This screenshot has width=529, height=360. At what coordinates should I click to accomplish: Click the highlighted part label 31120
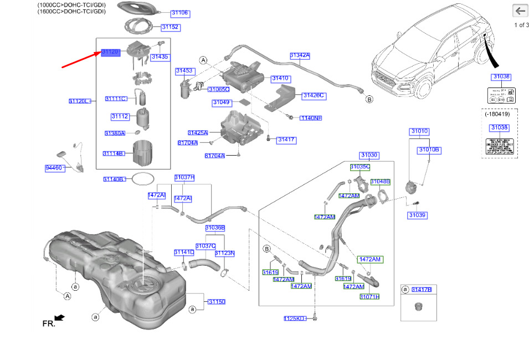point(110,52)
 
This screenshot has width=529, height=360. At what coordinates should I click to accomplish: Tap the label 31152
point(170,27)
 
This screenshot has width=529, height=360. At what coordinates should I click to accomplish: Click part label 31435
point(160,56)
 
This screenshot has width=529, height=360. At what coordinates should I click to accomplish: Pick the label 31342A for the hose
point(300,55)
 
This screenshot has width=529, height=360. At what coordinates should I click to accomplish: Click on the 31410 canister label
point(280,79)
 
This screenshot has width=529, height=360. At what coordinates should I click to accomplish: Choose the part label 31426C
point(314,96)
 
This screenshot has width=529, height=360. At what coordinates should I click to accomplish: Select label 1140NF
point(311,118)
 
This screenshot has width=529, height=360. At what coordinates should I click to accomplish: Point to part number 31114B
point(114,153)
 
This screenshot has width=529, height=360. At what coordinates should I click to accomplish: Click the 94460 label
point(54,167)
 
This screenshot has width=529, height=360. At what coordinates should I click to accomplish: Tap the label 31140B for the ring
point(114,179)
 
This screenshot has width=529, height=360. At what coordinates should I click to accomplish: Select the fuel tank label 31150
point(217,302)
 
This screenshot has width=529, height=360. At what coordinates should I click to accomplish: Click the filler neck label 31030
point(368,155)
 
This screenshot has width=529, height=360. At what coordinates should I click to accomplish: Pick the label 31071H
point(369,297)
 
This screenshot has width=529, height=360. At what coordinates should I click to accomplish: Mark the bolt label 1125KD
point(295,318)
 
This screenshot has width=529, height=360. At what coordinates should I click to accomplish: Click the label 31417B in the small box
point(421,290)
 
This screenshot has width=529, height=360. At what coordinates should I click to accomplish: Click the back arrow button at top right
point(520,11)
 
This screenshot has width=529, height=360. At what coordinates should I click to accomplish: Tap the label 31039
point(417,215)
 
